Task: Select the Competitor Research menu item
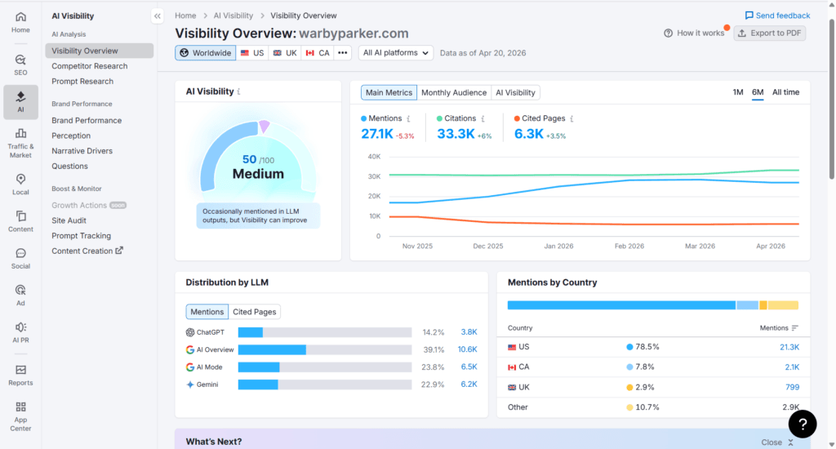point(90,66)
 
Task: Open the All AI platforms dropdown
point(396,53)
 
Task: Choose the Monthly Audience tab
point(453,93)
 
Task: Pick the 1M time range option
point(737,92)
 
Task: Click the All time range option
point(785,92)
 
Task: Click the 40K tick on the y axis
point(374,157)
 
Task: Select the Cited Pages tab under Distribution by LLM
point(254,312)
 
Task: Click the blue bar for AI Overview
point(272,349)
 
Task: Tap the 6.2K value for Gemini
point(468,385)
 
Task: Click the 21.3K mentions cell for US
point(789,347)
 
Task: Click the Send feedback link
point(777,16)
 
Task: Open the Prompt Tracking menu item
point(81,236)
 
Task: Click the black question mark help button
point(803,423)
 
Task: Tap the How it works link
point(694,33)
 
